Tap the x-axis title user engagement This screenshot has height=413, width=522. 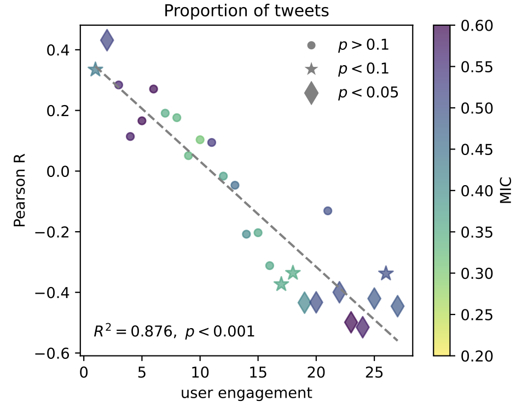pyautogui.click(x=247, y=394)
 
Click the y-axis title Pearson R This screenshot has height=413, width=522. pyautogui.click(x=20, y=190)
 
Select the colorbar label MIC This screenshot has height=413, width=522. pyautogui.click(x=506, y=191)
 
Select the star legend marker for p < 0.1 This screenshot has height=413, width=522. pyautogui.click(x=311, y=69)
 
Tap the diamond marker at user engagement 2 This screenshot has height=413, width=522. pyautogui.click(x=107, y=39)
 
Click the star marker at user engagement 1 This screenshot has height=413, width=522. pyautogui.click(x=95, y=70)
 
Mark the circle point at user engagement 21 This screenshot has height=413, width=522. pyautogui.click(x=328, y=211)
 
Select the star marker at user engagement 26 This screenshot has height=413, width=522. pyautogui.click(x=386, y=273)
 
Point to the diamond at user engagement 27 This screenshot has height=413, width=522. pyautogui.click(x=397, y=306)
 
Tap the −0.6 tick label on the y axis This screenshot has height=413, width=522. pyautogui.click(x=53, y=353)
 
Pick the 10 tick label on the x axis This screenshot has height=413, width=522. pyautogui.click(x=200, y=373)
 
